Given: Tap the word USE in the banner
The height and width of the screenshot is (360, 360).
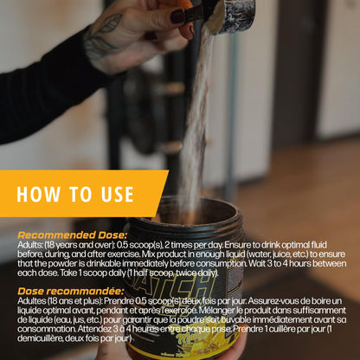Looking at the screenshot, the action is point(117,194).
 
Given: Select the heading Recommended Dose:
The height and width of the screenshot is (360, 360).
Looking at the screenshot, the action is point(72,235).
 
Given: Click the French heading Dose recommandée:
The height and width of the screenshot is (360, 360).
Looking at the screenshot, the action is point(71,291).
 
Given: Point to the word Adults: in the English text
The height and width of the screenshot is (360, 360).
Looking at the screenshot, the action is point(30,245).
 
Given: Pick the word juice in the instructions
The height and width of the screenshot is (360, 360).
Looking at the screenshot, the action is point(281,254).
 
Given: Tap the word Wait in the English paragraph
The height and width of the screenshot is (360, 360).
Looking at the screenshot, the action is point(257,264).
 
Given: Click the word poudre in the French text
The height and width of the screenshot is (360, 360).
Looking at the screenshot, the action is point(192,319).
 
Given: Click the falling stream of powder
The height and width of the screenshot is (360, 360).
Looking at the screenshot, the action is point(196,115).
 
